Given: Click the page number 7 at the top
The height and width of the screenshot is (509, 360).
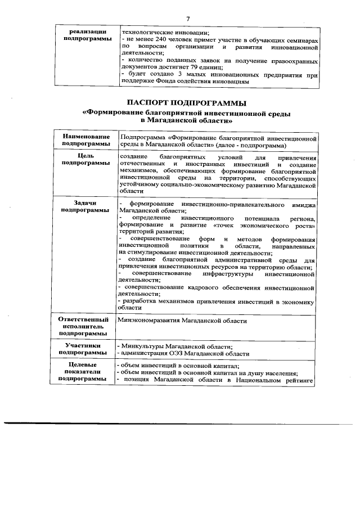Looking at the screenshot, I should pyautogui.click(x=188, y=19).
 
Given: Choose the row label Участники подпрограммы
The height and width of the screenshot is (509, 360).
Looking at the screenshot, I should pyautogui.click(x=83, y=349).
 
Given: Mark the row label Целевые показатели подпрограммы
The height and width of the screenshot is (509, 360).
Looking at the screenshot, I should pyautogui.click(x=83, y=372).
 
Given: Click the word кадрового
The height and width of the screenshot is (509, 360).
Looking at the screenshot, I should pyautogui.click(x=195, y=288).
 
